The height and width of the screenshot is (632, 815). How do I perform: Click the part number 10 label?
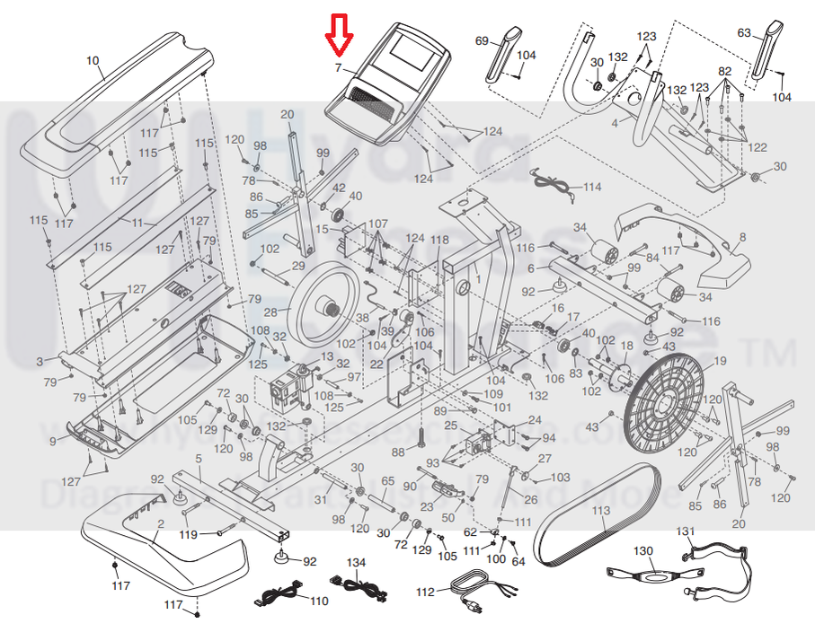click(93, 61)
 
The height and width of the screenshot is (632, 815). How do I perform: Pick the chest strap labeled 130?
click(644, 573)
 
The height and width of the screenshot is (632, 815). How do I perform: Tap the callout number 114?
click(591, 188)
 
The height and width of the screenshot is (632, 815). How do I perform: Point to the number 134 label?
click(357, 562)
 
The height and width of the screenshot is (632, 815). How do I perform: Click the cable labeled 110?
click(286, 593)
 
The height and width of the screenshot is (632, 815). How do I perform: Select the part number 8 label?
click(742, 238)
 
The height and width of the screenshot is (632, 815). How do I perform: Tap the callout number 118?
click(439, 240)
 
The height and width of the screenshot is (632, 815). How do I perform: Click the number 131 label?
click(686, 531)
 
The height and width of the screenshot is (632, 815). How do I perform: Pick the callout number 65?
click(387, 481)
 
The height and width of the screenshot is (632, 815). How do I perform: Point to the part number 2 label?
click(160, 523)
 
